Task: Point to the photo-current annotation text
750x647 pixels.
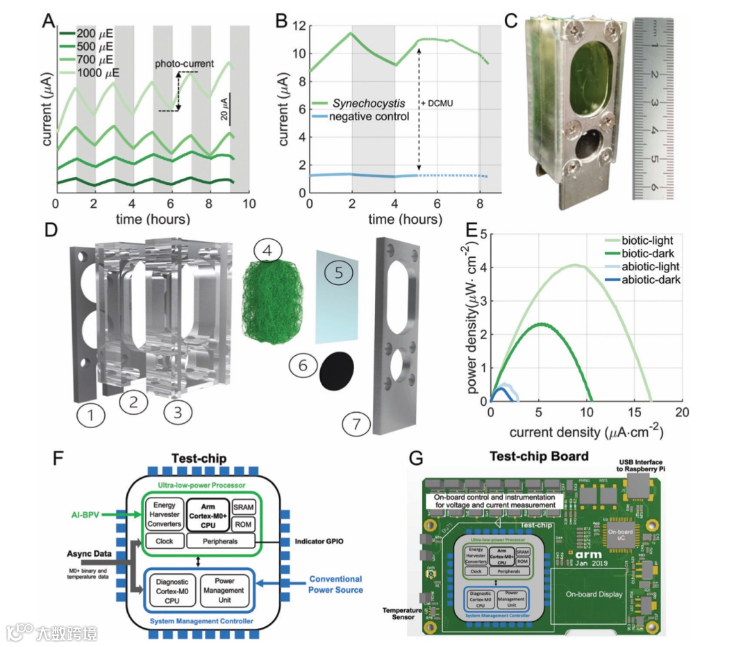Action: coord(184,64)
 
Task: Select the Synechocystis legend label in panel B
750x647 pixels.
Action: coord(369,103)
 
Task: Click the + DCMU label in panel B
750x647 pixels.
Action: coord(437,104)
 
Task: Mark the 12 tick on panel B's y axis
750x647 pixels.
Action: coord(297,26)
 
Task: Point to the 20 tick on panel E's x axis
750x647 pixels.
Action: coord(683,412)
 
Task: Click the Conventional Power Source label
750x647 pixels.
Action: coord(335,584)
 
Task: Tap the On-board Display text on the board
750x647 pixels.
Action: coord(592,595)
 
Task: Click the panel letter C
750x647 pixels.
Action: coord(511,19)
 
